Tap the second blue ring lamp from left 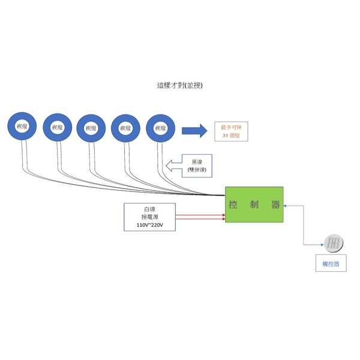click(x=57, y=127)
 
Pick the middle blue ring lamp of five click(x=91, y=127)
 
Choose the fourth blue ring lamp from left click(x=125, y=127)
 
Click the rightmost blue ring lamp click(x=160, y=127)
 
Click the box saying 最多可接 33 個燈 click(x=230, y=131)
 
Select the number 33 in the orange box click(x=225, y=136)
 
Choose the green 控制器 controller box click(x=254, y=204)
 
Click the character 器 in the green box click(x=275, y=205)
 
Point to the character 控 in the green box click(x=233, y=205)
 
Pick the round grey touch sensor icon click(x=332, y=244)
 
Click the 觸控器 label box click(x=331, y=263)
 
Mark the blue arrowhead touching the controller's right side click(x=286, y=205)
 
